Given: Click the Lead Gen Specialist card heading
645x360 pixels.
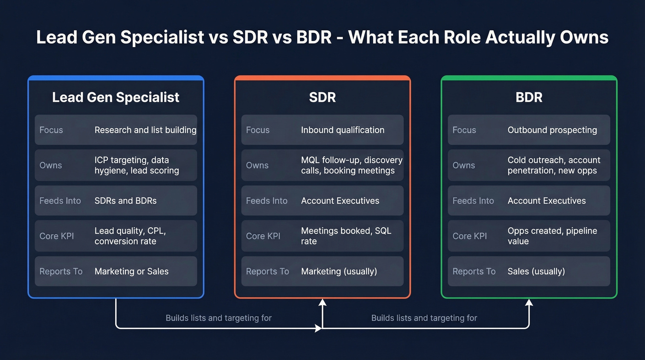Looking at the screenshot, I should tap(116, 97).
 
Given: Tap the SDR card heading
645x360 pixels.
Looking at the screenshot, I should tap(322, 97).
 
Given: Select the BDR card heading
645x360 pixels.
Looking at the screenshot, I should tap(529, 97).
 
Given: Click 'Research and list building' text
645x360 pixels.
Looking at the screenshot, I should tap(145, 130).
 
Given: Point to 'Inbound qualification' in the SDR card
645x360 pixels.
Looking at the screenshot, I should tap(342, 130).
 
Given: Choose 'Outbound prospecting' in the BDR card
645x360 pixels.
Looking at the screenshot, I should tap(552, 130).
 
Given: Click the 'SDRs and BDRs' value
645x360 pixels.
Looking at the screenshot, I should tap(125, 201).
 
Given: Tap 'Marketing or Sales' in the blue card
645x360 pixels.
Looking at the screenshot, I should tap(131, 271).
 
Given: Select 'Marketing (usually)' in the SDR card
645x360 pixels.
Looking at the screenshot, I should tap(339, 271).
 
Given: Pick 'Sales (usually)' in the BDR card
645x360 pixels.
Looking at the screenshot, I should tap(536, 271).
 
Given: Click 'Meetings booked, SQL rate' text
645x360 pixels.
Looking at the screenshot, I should tap(346, 236).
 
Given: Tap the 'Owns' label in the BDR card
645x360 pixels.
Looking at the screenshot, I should tap(463, 165).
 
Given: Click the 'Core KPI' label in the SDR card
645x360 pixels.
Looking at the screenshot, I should tap(263, 236).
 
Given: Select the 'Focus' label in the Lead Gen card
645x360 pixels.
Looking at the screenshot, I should tap(51, 130).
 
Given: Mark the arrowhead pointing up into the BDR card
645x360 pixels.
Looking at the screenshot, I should tap(529, 303).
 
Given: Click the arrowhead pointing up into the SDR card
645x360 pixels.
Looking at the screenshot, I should tap(322, 303).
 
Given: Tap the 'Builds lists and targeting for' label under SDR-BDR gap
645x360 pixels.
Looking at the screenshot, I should tap(424, 318).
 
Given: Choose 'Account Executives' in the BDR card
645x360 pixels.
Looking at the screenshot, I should tap(546, 201).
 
